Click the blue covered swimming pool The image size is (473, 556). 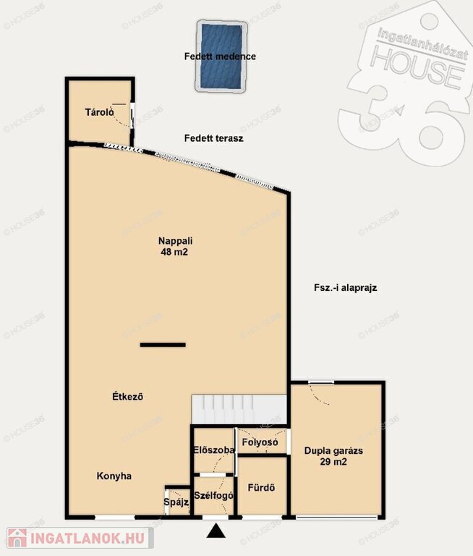pos(221,56)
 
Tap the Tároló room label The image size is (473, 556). pos(99,112)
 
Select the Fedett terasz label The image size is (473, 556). pos(213,138)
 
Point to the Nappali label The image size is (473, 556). pos(175,241)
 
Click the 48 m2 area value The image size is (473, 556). pos(174,252)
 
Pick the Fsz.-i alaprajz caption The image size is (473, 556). pos(346,287)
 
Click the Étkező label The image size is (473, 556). pos(127,396)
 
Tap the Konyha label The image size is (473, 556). pos(114,476)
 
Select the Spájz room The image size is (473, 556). pos(178,502)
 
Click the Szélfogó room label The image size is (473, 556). pos(213,496)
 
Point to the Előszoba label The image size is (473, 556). pos(214,450)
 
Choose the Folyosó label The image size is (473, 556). pos(260,442)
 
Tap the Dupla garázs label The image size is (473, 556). pos(333,451)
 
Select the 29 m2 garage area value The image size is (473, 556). pos(333,462)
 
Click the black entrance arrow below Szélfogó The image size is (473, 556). pos(216,531)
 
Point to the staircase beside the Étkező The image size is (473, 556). pos(239,409)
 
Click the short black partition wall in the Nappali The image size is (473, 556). pos(163,345)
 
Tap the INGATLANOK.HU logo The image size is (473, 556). pos(80,539)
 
